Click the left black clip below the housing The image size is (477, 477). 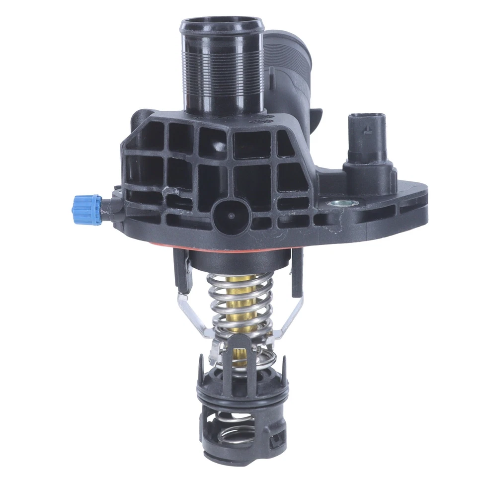pos(182,271)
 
